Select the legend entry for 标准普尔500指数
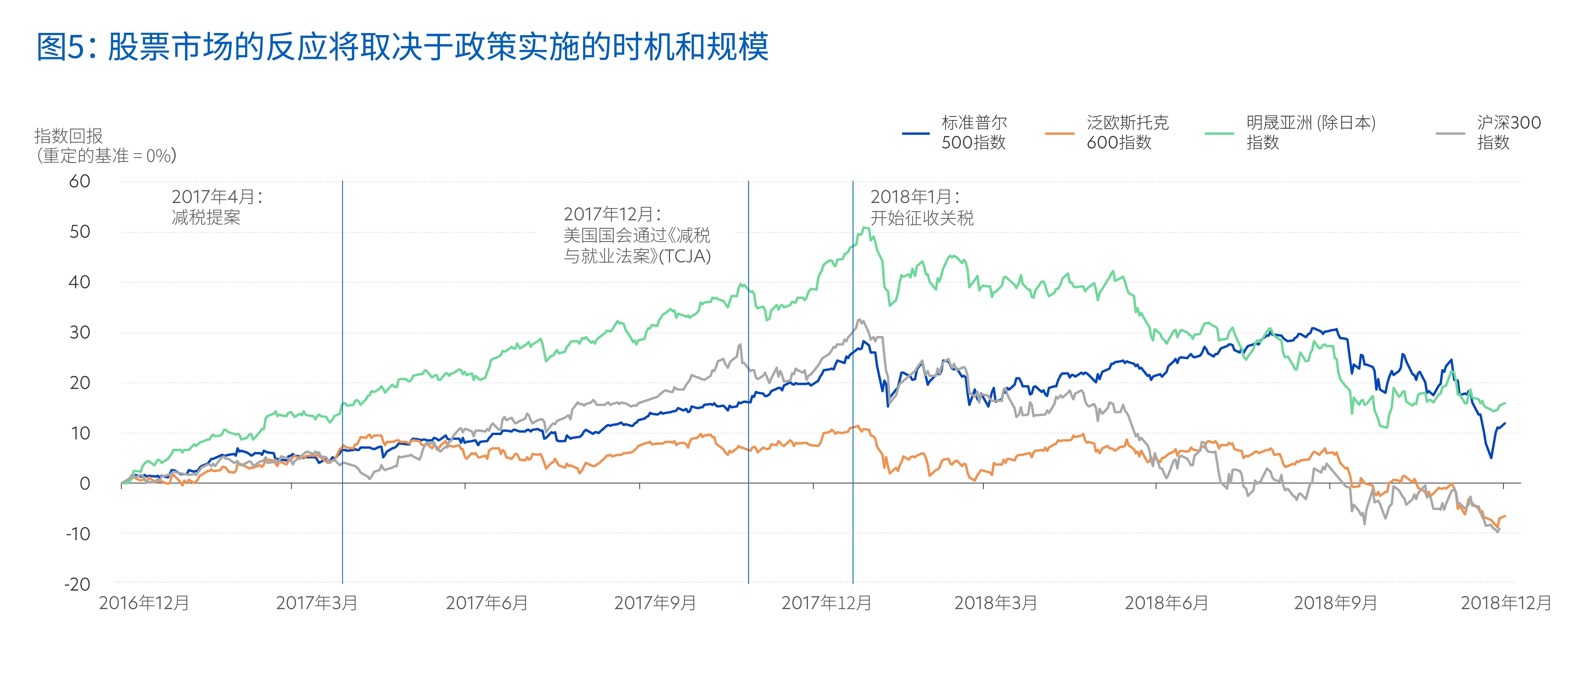[954, 132]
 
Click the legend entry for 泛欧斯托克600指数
[1106, 132]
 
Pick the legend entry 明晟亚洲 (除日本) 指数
[1290, 132]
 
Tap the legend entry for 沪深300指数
[1488, 132]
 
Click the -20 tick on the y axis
[78, 584]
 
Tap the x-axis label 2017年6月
[487, 603]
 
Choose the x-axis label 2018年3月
[996, 603]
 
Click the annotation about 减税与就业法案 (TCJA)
[637, 235]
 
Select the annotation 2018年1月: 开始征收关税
[922, 207]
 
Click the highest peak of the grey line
[860, 319]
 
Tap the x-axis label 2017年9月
[655, 603]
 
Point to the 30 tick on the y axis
[80, 333]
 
